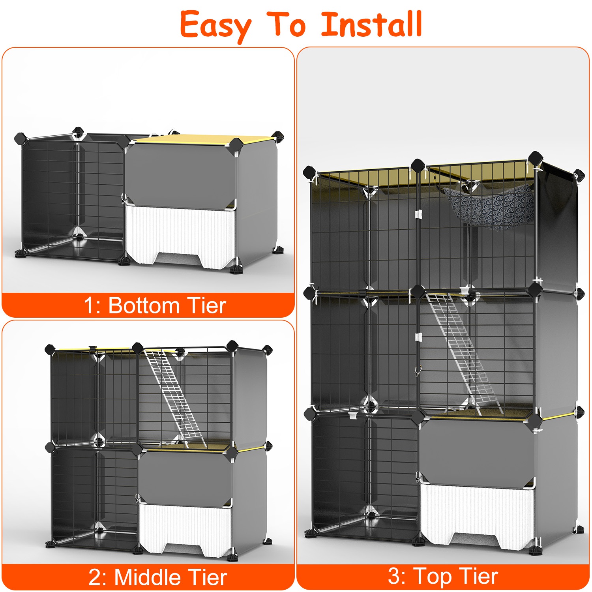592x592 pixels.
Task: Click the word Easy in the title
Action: click(x=215, y=24)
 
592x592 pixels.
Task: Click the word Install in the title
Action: click(x=371, y=24)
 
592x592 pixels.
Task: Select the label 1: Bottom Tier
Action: click(x=155, y=305)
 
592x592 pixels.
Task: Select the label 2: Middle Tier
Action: click(x=157, y=577)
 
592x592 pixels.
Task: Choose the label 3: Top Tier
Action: click(x=442, y=577)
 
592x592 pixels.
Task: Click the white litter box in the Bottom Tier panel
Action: click(x=180, y=233)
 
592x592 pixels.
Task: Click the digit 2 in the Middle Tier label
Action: click(x=96, y=578)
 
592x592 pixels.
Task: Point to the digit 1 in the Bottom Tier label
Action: click(x=90, y=306)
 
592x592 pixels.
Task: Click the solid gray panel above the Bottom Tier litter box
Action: click(x=180, y=172)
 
